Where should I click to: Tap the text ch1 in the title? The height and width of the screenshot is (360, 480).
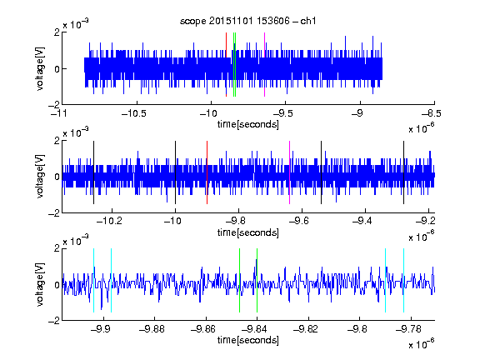point(308,21)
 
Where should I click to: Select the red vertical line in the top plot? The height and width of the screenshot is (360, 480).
point(226,64)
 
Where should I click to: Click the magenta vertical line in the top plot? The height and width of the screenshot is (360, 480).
point(264,64)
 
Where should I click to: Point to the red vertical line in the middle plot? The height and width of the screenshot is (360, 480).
point(207,172)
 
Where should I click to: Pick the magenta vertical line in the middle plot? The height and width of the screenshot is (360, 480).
point(290,172)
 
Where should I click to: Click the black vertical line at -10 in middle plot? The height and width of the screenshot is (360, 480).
point(175,172)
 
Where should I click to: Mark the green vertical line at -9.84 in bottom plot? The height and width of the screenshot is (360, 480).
point(257,280)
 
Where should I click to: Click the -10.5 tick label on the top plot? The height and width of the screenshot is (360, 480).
point(134,113)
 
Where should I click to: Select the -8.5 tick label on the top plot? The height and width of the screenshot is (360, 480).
point(432,113)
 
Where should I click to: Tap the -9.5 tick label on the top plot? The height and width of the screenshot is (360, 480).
point(282,113)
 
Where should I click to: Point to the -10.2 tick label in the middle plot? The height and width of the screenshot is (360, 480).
point(109,220)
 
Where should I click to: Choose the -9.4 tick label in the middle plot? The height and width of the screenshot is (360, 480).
point(362,220)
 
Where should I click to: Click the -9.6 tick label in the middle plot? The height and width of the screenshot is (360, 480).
point(299,220)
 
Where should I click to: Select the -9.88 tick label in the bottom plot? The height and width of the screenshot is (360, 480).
point(152,329)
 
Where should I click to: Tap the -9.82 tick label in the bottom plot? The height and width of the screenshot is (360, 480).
point(306,329)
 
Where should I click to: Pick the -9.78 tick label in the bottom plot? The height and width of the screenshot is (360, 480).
point(408,329)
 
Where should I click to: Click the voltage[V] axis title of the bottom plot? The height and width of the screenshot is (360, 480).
point(40,284)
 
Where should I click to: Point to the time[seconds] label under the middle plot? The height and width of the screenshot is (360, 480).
point(248,232)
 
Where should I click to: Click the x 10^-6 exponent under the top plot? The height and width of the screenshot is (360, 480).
point(421,128)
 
